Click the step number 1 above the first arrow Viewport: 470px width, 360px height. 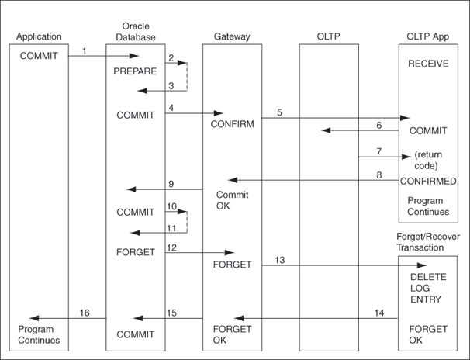(83, 51)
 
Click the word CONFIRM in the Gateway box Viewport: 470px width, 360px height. (233, 123)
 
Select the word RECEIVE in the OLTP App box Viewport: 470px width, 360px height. (428, 64)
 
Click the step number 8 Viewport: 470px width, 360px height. (379, 175)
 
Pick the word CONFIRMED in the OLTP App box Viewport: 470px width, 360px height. (428, 181)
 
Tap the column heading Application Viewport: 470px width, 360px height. (39, 36)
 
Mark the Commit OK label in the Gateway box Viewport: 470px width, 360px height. (232, 200)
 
